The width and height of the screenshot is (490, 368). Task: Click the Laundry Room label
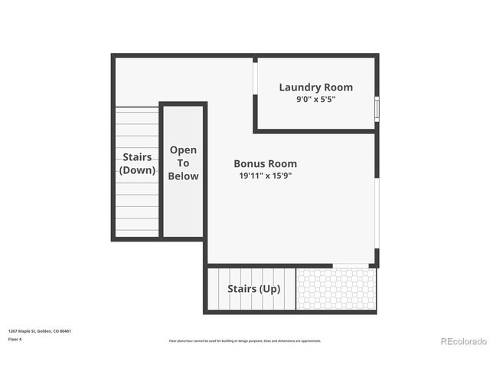pyautogui.click(x=315, y=87)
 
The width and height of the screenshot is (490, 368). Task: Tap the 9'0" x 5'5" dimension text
pyautogui.click(x=315, y=100)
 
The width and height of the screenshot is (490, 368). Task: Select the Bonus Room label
pyautogui.click(x=265, y=164)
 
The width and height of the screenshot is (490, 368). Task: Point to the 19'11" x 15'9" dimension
pyautogui.click(x=265, y=176)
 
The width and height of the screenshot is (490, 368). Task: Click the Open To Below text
pyautogui.click(x=184, y=163)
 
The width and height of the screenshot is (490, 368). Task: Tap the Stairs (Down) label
pyautogui.click(x=137, y=164)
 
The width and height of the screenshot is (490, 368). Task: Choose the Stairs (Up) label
pyautogui.click(x=253, y=289)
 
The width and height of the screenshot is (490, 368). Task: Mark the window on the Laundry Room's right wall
pyautogui.click(x=377, y=108)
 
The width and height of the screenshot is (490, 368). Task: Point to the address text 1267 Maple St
pyautogui.click(x=39, y=331)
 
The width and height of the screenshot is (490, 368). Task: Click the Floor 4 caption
pyautogui.click(x=15, y=339)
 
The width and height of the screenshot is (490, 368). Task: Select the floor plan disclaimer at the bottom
pyautogui.click(x=245, y=341)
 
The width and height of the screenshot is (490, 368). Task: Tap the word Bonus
pyautogui.click(x=250, y=164)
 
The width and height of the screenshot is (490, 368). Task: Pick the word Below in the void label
pyautogui.click(x=184, y=176)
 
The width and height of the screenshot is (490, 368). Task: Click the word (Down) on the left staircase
pyautogui.click(x=137, y=170)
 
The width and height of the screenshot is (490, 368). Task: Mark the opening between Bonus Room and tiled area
pyautogui.click(x=351, y=266)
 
